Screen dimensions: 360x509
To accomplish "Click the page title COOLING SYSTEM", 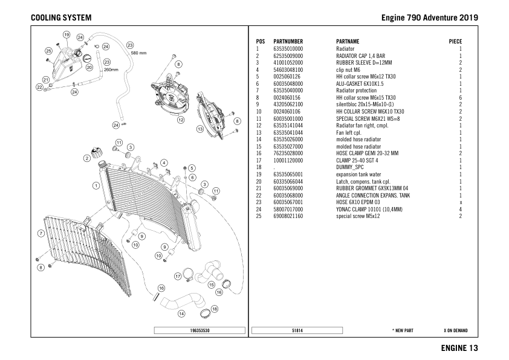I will coord(61,18).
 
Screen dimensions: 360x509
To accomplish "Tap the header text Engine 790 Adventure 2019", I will coord(429,18).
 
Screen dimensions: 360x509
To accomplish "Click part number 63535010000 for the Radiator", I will coord(288,49).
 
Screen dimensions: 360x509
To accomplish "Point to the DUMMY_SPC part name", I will coord(351,167).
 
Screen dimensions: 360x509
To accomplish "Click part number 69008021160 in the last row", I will coord(288,216).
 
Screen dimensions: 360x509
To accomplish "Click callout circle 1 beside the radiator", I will coord(96,185).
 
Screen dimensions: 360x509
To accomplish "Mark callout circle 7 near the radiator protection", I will coord(41,233).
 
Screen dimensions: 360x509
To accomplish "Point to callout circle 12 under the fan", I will coord(180,120).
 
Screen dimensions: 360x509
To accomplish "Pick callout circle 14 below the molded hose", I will coord(181,313).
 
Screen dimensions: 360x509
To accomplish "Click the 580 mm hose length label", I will coord(138,53).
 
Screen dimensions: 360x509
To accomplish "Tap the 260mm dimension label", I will coord(111,69).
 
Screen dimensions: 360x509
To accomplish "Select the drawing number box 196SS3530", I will coord(199,330).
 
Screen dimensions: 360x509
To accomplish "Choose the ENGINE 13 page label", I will coord(459,348).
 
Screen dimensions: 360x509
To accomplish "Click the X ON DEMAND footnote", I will coord(455,330).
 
